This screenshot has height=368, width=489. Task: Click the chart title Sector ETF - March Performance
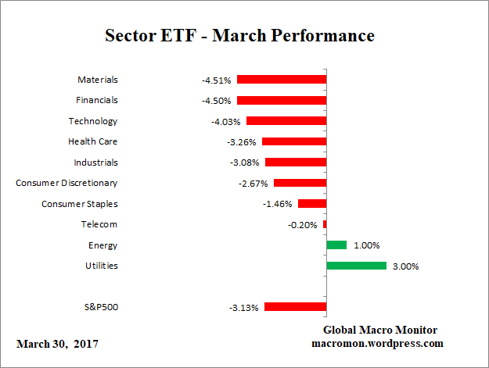[x=240, y=36]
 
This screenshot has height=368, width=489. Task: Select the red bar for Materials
[x=282, y=80]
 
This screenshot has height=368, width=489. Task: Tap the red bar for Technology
[x=286, y=121]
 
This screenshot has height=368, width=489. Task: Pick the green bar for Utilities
[x=356, y=266]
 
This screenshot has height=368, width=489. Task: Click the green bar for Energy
[x=336, y=245]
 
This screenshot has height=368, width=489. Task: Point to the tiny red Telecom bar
[x=325, y=224]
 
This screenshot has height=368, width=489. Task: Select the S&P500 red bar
[x=296, y=307]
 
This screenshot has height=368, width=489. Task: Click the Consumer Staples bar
[x=312, y=203]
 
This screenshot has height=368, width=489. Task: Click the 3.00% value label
[x=406, y=266]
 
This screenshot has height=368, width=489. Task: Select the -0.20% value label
[x=302, y=225]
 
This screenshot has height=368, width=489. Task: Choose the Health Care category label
[x=93, y=141]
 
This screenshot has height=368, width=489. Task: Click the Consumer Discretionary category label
[x=67, y=183]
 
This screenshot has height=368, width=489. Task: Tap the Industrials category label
[x=95, y=163]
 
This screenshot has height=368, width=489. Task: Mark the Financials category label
[x=97, y=100]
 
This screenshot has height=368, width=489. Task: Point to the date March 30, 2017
[x=57, y=344]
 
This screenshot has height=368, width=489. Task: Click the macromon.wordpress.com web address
[x=378, y=343]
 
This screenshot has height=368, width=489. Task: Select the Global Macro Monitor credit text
[x=379, y=330]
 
